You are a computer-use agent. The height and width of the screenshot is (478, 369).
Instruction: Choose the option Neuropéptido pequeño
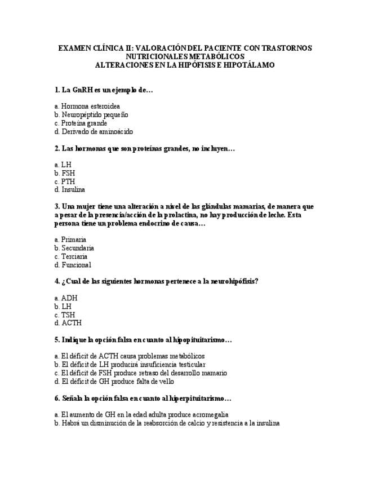click(x=95, y=114)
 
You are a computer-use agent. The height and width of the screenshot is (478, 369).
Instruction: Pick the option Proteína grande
click(x=84, y=123)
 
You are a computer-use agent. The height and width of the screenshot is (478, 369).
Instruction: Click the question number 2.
click(x=57, y=148)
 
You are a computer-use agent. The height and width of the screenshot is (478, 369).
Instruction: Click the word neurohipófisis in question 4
click(x=233, y=281)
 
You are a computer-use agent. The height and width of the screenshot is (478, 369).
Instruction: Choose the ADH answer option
click(x=69, y=298)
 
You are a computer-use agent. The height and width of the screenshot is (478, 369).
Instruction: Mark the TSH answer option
click(x=68, y=315)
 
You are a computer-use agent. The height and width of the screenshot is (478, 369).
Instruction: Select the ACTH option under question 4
click(x=71, y=323)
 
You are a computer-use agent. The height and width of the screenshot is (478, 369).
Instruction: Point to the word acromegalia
click(x=210, y=415)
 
